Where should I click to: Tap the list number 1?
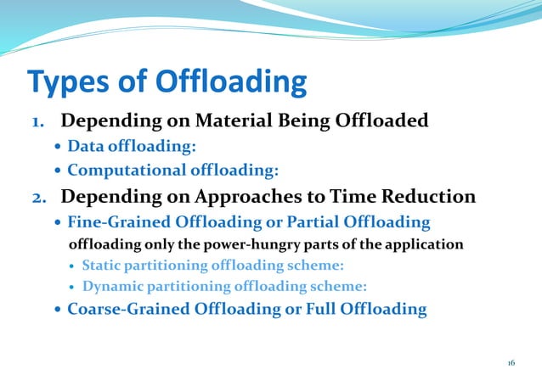click(x=39, y=122)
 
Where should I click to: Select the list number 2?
click(x=39, y=198)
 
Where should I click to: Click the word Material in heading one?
click(x=229, y=120)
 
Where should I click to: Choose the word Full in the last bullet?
click(x=327, y=309)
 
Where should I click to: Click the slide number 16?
click(x=511, y=362)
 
